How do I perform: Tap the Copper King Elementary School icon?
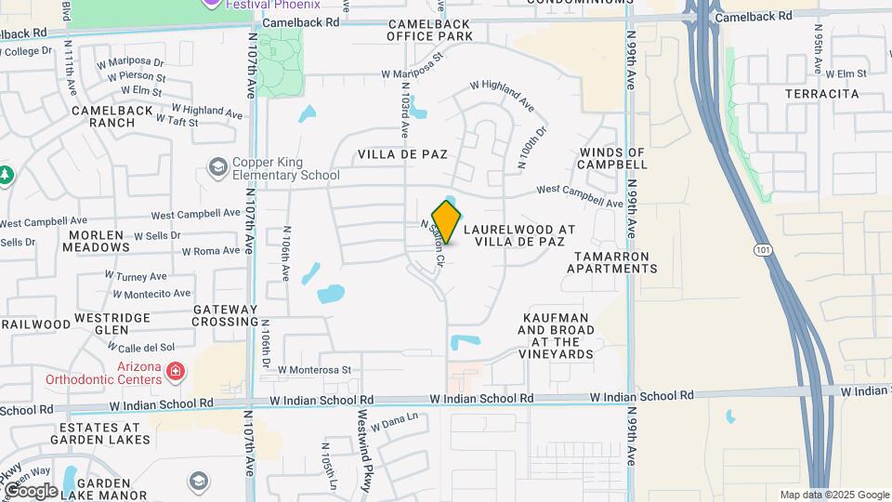coord(219,166)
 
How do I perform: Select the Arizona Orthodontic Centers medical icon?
coord(175,373)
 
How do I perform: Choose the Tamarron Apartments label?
coord(614,262)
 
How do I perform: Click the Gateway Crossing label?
coord(225,315)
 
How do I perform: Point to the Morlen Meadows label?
coord(98,241)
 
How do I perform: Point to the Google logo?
coord(30,490)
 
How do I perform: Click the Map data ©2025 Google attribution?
coord(834,495)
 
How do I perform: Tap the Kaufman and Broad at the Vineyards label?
coord(556,342)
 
